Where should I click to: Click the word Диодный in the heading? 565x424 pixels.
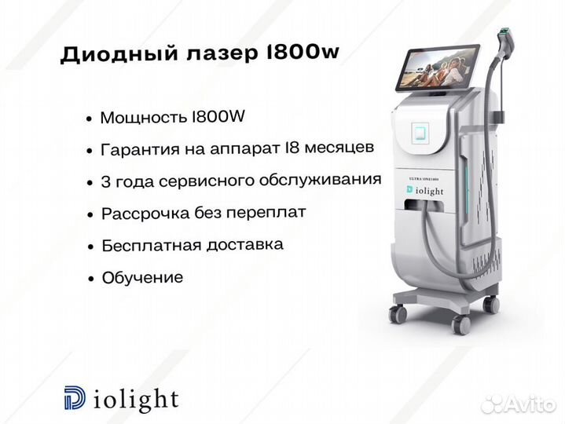coord(119,54)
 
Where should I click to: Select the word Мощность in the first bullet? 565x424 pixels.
coord(144,118)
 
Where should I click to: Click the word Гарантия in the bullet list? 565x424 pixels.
coord(140,149)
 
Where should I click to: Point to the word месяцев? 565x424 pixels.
coord(339,148)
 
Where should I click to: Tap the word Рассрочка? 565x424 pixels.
coord(145,214)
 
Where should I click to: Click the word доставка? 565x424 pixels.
coord(245,245)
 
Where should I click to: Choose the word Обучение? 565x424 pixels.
coord(143,277)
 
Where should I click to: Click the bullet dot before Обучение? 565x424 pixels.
coord(91,279)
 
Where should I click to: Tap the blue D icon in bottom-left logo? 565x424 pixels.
coord(75,398)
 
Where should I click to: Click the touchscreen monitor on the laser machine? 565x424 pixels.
coord(438,68)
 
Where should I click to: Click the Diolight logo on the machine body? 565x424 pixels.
coord(424,191)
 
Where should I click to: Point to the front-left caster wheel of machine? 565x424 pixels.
coord(398,314)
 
